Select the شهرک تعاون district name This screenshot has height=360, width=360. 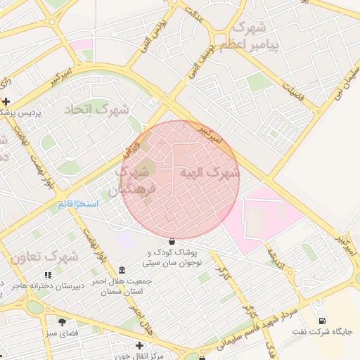click(x=44, y=257)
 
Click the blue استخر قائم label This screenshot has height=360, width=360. click(x=78, y=204)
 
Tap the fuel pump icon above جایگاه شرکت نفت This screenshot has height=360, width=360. click(x=322, y=321)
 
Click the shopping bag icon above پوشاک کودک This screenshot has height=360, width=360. click(x=172, y=241)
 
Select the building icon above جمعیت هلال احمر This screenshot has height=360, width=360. click(x=123, y=271)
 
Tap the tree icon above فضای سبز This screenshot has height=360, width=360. click(x=62, y=322)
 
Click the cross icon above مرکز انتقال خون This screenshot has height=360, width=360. click(x=139, y=345)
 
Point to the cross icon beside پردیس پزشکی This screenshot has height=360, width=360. click(x=6, y=102)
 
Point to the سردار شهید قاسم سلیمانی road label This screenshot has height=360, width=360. click(x=255, y=326)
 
